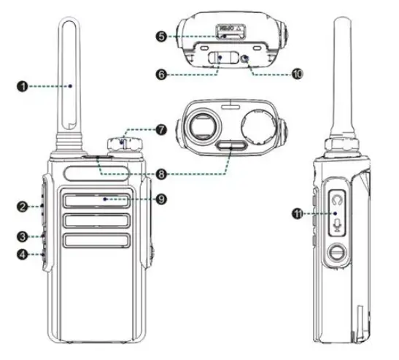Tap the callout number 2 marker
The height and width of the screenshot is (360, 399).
coord(23,207)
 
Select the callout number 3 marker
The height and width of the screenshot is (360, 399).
coord(23,236)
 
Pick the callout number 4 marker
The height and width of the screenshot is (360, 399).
coord(23,255)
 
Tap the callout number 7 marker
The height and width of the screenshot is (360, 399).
coord(160,129)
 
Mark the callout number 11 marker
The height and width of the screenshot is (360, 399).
coord(298,213)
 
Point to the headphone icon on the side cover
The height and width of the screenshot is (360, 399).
coord(337,197)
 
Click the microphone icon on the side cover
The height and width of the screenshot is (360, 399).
coord(337,223)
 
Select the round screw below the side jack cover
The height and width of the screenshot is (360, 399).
coord(337,254)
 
